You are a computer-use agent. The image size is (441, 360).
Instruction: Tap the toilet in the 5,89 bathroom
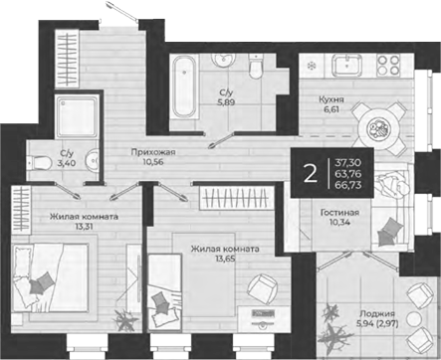(255, 74)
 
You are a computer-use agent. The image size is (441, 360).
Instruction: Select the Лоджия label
(385, 313)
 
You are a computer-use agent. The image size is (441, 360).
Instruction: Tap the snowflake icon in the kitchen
(312, 65)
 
